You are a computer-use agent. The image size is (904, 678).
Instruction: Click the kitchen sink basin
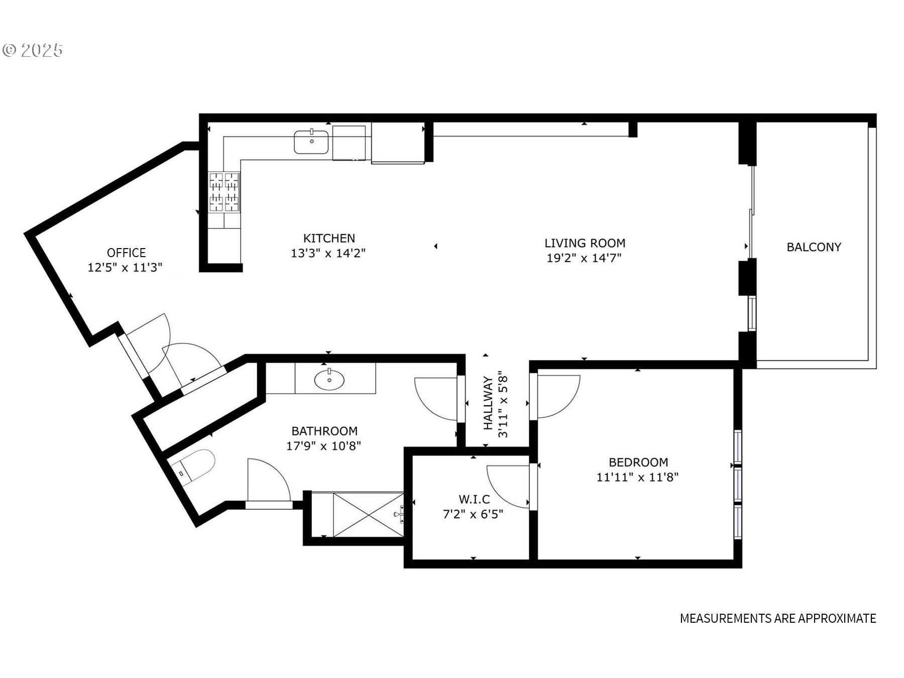coord(311,142)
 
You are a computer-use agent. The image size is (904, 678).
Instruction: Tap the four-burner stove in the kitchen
coord(224,192)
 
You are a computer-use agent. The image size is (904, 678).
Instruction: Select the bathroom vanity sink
coord(329,380)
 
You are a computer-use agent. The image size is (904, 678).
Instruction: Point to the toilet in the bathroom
coord(193,467)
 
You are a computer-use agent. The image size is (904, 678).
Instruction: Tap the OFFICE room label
coord(126,253)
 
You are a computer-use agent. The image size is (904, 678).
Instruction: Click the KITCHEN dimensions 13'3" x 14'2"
coord(328,253)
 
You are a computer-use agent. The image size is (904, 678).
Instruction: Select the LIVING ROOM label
coord(585,243)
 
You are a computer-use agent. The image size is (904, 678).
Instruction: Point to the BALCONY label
coord(814,247)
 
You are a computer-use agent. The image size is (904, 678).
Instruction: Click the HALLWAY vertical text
coord(488,403)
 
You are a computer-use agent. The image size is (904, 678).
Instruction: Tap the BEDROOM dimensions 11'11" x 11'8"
coord(637,477)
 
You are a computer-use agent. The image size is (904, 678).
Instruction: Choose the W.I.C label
coord(474,499)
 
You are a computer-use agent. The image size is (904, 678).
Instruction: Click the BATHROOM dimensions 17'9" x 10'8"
coord(324,446)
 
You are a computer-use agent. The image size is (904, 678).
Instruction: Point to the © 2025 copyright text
coord(33,50)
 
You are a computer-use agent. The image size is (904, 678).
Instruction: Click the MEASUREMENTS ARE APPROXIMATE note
coord(778,618)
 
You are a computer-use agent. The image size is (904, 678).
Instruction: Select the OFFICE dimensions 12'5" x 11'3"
coord(125,268)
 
